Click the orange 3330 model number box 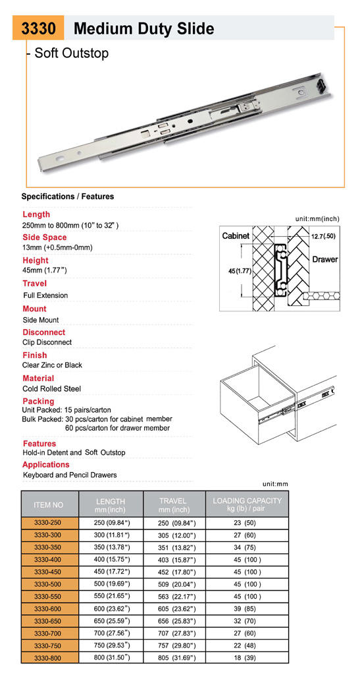coord(38,28)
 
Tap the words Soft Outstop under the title coord(71,53)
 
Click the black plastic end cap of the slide coord(323,84)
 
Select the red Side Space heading coord(45,237)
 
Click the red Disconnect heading coord(44,332)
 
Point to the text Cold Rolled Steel coord(52,389)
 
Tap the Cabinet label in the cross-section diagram coord(236,236)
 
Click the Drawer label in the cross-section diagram coord(325,259)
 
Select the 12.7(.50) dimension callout coord(323,236)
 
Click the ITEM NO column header coord(49,505)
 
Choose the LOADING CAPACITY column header coord(247,504)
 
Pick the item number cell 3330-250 coord(49,523)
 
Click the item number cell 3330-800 coord(49,658)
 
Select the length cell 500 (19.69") coord(111,584)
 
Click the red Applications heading coord(46,464)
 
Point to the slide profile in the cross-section coord(280,270)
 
